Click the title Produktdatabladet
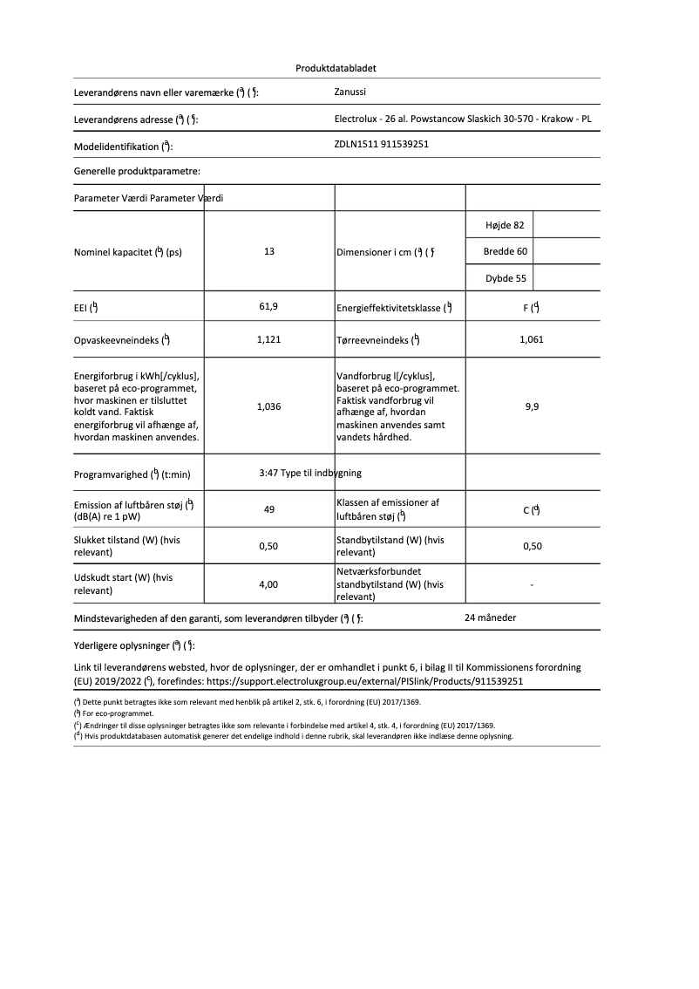tap(336, 68)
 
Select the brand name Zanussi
tap(350, 92)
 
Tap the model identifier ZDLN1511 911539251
tap(382, 145)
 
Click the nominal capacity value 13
tap(269, 251)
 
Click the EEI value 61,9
tap(268, 307)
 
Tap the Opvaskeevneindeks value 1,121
tap(268, 339)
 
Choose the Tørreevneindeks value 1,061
tap(531, 339)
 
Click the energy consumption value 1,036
tap(268, 406)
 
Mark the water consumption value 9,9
tap(532, 406)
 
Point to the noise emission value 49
tap(269, 509)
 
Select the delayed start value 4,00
tap(268, 584)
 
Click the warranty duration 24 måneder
tap(491, 617)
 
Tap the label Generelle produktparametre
tap(137, 172)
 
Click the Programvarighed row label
tap(132, 475)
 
